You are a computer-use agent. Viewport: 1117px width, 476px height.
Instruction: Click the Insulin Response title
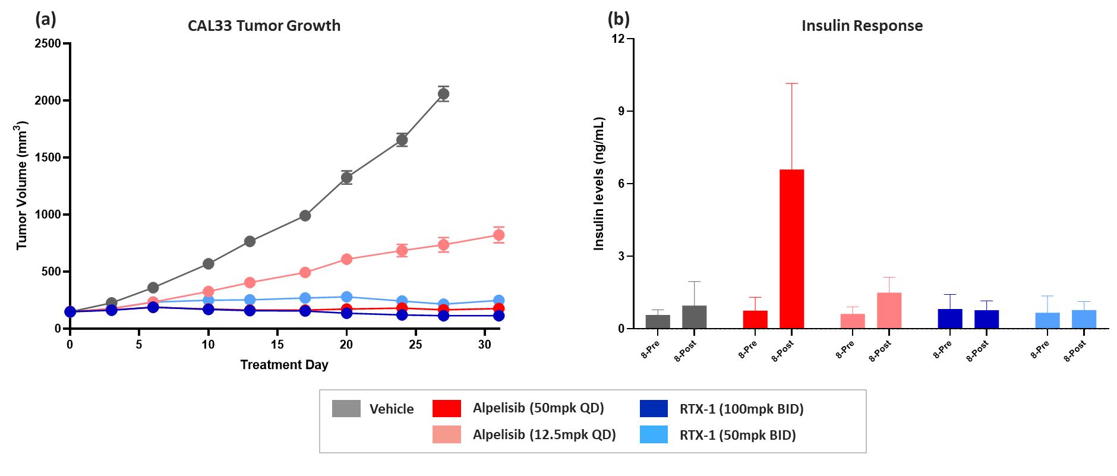tap(862, 26)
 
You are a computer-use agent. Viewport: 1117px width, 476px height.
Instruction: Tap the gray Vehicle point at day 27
tap(443, 94)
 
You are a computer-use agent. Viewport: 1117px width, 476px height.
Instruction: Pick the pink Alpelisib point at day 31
tap(498, 235)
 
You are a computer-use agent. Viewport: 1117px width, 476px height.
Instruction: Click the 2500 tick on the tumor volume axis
tap(49, 43)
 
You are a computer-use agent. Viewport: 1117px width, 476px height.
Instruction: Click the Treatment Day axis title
tap(284, 365)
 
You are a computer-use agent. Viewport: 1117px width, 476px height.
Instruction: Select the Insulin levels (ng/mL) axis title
tap(599, 184)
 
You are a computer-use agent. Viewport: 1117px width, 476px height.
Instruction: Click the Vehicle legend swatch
tap(346, 409)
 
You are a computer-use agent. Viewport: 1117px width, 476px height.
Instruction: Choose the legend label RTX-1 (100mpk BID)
tap(741, 408)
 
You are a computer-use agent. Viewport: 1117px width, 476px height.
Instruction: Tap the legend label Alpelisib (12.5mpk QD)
tap(544, 434)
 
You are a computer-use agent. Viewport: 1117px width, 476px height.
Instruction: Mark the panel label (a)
tap(46, 20)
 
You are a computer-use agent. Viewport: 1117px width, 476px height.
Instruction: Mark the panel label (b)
tap(618, 20)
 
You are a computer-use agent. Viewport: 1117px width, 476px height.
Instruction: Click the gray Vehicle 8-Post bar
tap(694, 317)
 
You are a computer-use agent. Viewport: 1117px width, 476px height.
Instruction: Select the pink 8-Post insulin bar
tap(889, 310)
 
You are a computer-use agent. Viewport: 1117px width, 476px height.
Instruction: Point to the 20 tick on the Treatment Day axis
tap(347, 345)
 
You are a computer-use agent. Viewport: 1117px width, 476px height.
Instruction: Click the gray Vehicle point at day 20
tap(347, 177)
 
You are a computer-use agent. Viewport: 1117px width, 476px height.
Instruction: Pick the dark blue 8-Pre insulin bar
tap(950, 319)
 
